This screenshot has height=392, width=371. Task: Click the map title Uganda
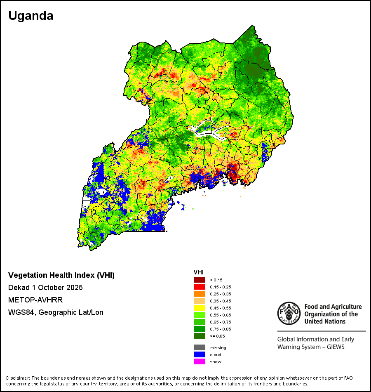(x=31, y=16)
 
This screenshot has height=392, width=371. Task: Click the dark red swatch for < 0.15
(x=200, y=280)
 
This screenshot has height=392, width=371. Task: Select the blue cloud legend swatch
(x=200, y=354)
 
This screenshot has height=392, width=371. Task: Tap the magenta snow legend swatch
(x=200, y=361)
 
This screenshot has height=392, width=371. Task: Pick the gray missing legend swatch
(x=200, y=347)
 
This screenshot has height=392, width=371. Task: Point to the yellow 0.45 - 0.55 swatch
(x=200, y=308)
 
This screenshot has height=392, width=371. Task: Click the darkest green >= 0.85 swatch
(x=200, y=336)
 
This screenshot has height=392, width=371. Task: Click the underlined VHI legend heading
(x=198, y=272)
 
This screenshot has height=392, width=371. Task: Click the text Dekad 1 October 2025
(x=45, y=288)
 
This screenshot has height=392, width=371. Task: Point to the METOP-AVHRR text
(x=35, y=300)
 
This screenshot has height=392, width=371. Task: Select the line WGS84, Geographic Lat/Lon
(x=56, y=312)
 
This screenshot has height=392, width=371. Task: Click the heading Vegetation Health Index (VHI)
(x=61, y=275)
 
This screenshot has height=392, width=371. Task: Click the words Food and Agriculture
(x=333, y=307)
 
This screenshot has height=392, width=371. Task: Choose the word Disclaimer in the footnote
(x=18, y=378)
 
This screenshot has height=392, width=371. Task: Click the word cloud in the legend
(x=215, y=354)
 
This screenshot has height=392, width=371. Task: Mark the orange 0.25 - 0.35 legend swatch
(x=200, y=294)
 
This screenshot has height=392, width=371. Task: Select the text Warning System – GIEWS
(x=311, y=347)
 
